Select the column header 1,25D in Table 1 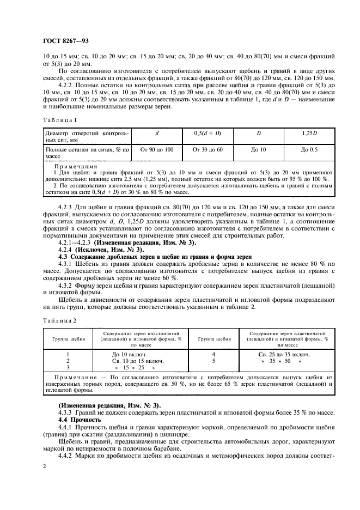point(309,132)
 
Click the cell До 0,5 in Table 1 point(309,149)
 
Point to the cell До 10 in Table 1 point(258,149)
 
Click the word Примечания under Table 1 point(75,166)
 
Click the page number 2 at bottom point(45,467)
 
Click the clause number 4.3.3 point(66,412)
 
